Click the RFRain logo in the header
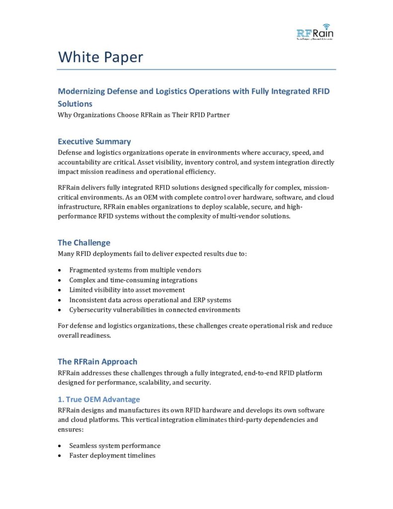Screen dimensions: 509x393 pos(314,32)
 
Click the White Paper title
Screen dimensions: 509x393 pos(100,57)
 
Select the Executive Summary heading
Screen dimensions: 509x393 pos(94,141)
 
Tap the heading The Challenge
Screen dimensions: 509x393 pos(84,243)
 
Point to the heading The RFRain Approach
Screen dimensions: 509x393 pos(97,361)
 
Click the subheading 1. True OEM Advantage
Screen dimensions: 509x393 pos(99,399)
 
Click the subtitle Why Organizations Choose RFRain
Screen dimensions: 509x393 pos(144,115)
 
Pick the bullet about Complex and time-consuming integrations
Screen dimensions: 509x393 pos(133,280)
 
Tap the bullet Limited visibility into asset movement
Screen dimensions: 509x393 pos(127,290)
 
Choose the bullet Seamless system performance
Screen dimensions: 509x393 pos(115,445)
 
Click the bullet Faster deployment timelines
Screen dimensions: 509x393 pos(112,455)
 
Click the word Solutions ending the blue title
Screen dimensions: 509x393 pos(75,104)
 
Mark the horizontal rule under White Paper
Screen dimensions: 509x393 pos(197,70)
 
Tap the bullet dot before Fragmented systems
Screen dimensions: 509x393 pos(60,270)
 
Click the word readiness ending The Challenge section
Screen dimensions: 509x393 pos(96,335)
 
